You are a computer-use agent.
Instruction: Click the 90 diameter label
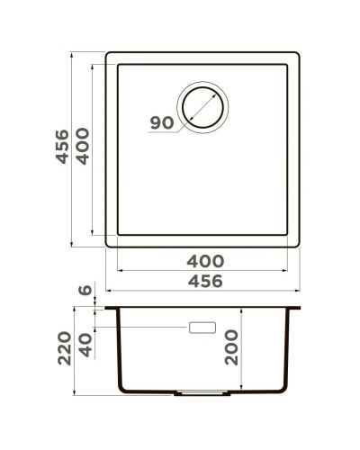[160, 123]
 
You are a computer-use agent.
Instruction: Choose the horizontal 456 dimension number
[203, 281]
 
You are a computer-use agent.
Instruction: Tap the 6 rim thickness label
[84, 291]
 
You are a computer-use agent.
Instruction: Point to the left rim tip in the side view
[107, 308]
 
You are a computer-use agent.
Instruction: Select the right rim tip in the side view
[300, 308]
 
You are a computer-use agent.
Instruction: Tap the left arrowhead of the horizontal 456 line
[109, 292]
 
